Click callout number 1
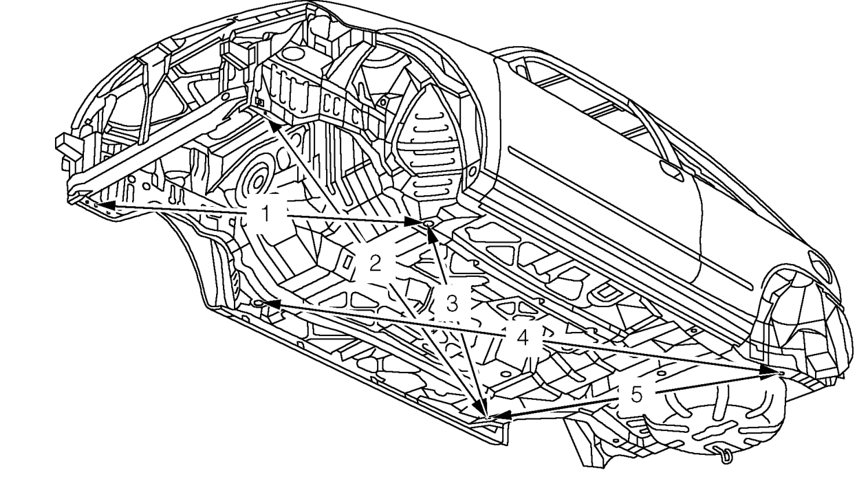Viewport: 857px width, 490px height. pyautogui.click(x=266, y=213)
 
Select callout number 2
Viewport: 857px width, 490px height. pyautogui.click(x=376, y=263)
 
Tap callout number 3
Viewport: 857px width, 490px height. pyautogui.click(x=452, y=304)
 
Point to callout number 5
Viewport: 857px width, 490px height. pyautogui.click(x=636, y=395)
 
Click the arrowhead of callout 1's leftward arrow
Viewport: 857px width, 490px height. pyautogui.click(x=107, y=205)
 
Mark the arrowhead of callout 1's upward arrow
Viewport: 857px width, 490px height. pyautogui.click(x=274, y=128)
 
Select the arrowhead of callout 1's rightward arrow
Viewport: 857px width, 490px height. pyautogui.click(x=415, y=221)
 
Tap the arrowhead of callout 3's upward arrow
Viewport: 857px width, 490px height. pyautogui.click(x=432, y=233)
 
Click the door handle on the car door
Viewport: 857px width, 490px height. pyautogui.click(x=672, y=171)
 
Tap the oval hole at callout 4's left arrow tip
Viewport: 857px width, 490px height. pyautogui.click(x=259, y=304)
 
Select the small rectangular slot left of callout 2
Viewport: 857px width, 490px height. pyautogui.click(x=347, y=263)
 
